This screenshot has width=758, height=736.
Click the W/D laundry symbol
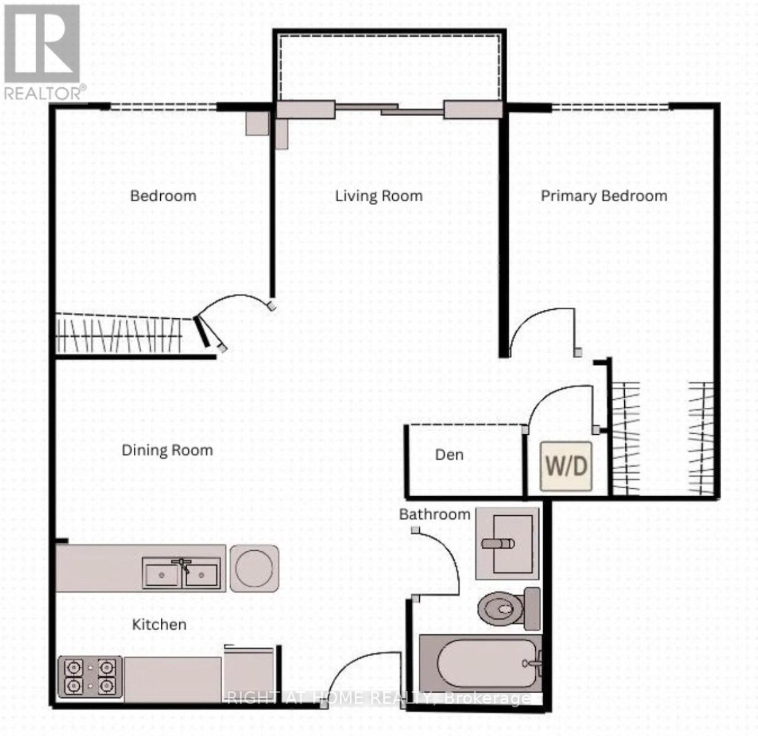(x=566, y=466)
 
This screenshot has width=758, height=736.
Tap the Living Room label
(x=379, y=196)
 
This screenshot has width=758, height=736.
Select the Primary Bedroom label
(x=603, y=196)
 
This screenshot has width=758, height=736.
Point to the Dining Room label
(x=167, y=450)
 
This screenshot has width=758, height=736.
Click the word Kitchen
(x=159, y=624)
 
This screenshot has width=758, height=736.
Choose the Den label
(x=449, y=454)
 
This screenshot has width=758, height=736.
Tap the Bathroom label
(x=435, y=514)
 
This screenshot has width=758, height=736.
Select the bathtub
(x=479, y=664)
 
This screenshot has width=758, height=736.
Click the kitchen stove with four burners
(x=90, y=677)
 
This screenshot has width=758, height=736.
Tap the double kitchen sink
(x=181, y=573)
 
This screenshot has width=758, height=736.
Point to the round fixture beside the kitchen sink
(x=254, y=568)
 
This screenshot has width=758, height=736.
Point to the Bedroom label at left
(x=163, y=196)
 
